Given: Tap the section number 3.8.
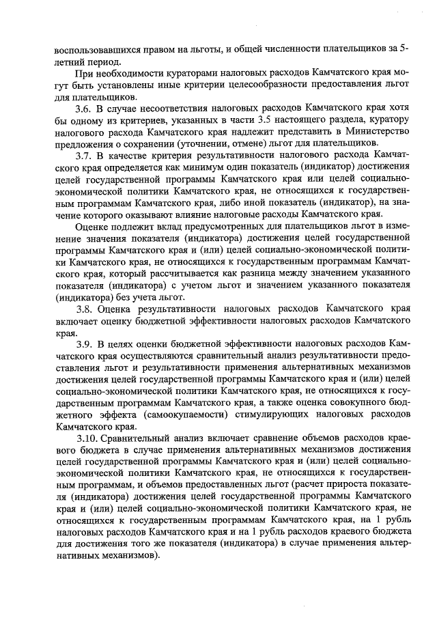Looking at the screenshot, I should pyautogui.click(x=83, y=307).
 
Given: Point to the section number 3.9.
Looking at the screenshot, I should pyautogui.click(x=83, y=342).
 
